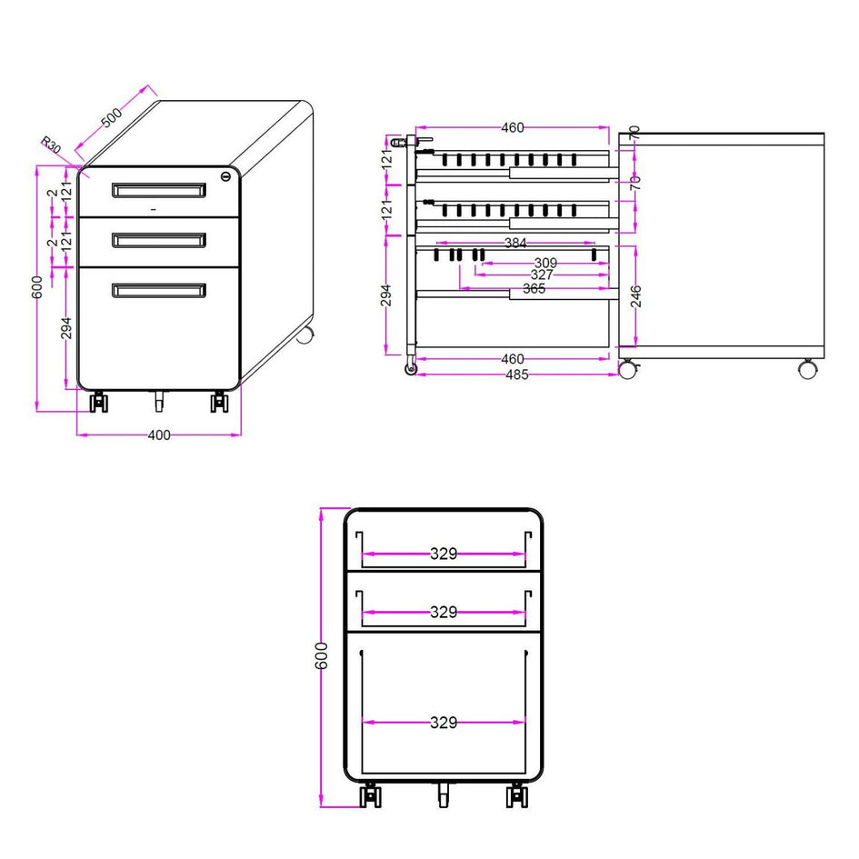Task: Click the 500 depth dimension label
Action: [112, 118]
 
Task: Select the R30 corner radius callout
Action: [51, 145]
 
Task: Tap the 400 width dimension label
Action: [159, 435]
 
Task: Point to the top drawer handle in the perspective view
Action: [159, 190]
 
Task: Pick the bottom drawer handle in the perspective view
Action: [159, 290]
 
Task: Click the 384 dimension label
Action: [515, 243]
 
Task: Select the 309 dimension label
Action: [545, 263]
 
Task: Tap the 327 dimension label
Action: [542, 275]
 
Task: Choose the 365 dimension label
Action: [534, 289]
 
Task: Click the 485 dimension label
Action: [517, 375]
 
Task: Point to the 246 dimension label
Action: [636, 296]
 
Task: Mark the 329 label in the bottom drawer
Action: [444, 723]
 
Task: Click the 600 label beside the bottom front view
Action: [322, 655]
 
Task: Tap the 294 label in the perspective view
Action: [66, 328]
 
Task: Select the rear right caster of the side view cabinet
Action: [806, 369]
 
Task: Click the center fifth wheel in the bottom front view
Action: [444, 794]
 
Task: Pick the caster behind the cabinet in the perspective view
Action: [305, 335]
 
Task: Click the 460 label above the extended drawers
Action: [513, 127]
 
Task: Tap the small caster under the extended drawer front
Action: [411, 369]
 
